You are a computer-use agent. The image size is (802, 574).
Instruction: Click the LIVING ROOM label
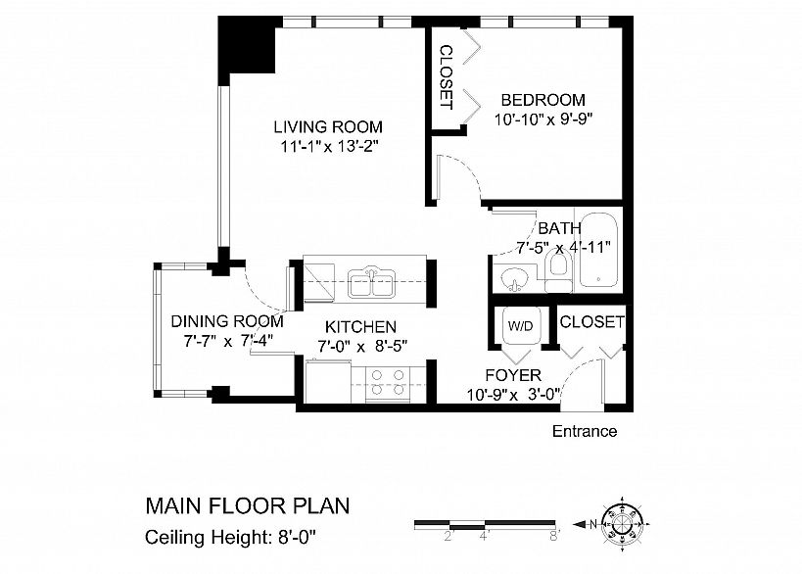point(328,127)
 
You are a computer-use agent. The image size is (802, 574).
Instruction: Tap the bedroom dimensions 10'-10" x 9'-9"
point(543,120)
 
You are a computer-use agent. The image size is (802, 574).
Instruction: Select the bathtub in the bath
point(598,249)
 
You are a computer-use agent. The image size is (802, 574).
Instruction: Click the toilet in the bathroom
point(556,272)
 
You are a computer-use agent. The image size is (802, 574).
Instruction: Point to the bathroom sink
point(514,280)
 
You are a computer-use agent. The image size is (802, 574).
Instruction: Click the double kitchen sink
point(371,282)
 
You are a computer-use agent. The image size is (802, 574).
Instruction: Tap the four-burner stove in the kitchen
point(388,383)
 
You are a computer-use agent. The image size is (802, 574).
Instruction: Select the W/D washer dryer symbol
point(521,326)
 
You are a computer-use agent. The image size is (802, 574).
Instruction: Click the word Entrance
point(585,431)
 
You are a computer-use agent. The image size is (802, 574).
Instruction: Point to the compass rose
point(622,524)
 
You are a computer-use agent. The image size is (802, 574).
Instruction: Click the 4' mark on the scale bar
point(485,537)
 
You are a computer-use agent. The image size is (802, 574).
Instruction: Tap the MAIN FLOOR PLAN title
point(248,506)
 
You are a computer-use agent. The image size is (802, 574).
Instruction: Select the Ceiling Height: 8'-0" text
point(231,538)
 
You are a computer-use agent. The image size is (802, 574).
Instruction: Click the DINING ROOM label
point(226,321)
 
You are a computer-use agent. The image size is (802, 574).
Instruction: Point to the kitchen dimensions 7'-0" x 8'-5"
point(362,347)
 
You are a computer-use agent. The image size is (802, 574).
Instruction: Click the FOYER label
point(513,375)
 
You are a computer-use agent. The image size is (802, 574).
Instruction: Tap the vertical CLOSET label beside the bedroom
point(447,77)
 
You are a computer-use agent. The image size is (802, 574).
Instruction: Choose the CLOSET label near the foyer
point(591,322)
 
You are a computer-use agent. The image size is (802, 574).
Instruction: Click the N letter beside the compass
point(593,524)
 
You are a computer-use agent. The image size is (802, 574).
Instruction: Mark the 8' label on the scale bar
point(555,537)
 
